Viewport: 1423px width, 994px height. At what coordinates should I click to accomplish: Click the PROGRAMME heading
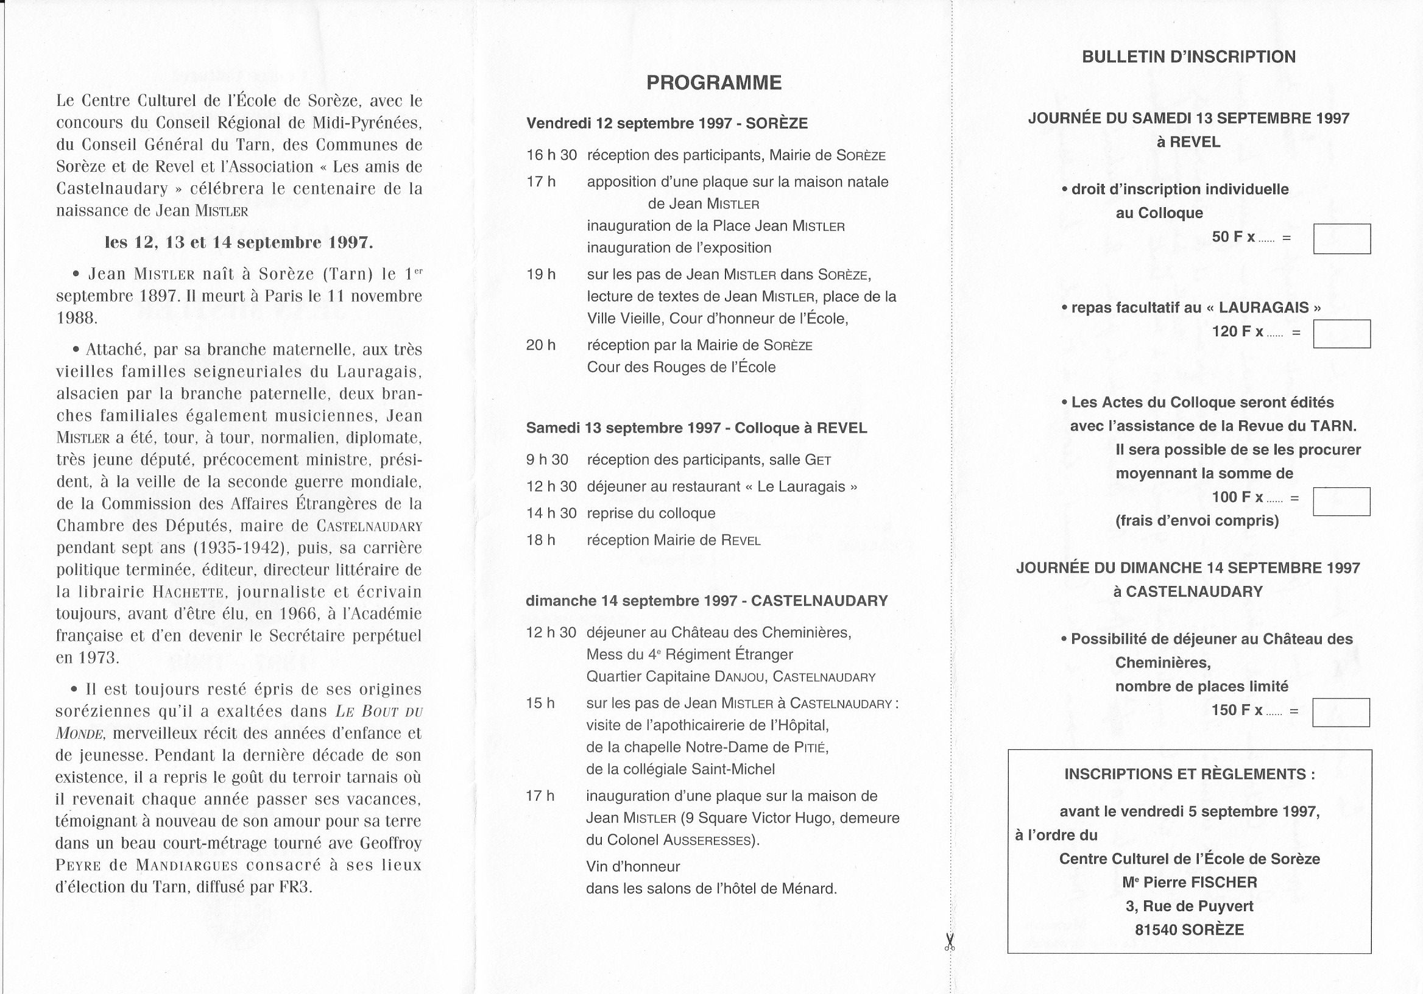[x=713, y=83]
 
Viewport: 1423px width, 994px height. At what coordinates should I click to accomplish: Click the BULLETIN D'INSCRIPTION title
[x=1188, y=57]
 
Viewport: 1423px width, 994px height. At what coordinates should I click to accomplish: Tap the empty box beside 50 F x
[x=1342, y=239]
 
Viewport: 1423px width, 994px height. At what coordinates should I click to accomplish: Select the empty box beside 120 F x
[x=1342, y=333]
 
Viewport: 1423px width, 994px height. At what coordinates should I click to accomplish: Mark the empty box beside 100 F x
[x=1341, y=501]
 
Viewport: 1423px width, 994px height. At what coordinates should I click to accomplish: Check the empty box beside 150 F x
[x=1341, y=712]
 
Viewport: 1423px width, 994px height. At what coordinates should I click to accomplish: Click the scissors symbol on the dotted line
[x=950, y=943]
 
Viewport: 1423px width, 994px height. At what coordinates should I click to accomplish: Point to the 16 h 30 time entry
[x=551, y=155]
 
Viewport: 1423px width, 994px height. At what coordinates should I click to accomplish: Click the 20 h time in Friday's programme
[x=540, y=345]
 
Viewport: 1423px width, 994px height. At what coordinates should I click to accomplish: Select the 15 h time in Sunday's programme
[x=540, y=703]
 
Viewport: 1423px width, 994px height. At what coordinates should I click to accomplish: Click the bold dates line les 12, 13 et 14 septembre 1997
[x=239, y=242]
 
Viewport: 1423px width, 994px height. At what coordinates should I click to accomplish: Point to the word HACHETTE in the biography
[x=188, y=593]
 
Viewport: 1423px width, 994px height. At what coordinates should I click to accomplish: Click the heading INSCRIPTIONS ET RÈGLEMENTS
[x=1189, y=774]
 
